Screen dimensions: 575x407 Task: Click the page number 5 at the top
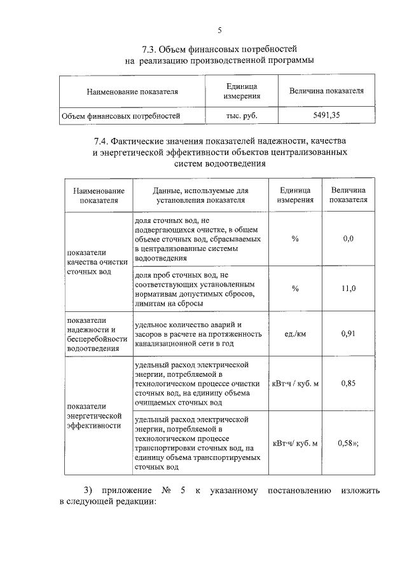(x=220, y=30)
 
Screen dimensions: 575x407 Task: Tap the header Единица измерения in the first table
(x=241, y=91)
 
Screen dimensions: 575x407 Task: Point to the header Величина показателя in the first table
(x=326, y=91)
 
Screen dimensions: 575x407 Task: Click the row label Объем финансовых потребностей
(x=121, y=116)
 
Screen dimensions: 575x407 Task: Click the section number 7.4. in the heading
(x=104, y=140)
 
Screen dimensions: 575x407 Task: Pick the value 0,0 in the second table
(x=348, y=238)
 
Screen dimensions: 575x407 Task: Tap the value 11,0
(x=348, y=288)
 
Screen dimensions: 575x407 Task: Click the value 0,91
(x=348, y=333)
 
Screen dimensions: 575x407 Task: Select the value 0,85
(x=348, y=383)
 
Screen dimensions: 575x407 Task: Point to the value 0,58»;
(x=348, y=442)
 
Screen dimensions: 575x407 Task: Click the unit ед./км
(x=295, y=333)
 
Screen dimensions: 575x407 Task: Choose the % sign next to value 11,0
(x=295, y=288)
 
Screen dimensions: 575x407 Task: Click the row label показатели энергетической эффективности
(x=93, y=416)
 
